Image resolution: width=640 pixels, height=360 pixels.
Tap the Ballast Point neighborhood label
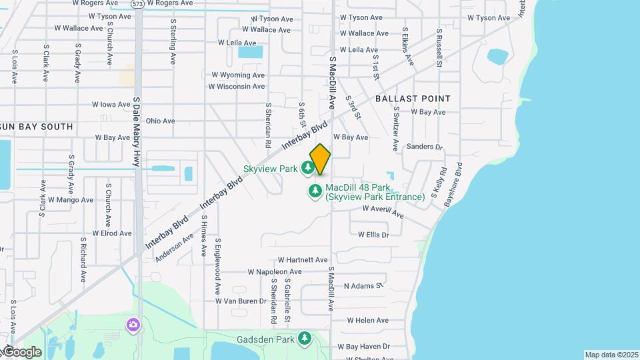pos(413,98)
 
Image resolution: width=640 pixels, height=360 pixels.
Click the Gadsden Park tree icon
pos(305,339)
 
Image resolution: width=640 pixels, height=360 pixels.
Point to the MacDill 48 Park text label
pos(374,192)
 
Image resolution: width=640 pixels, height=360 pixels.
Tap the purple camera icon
pos(133,325)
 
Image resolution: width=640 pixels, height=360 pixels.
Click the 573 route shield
pos(137,3)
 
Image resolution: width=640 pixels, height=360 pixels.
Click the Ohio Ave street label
pos(160,121)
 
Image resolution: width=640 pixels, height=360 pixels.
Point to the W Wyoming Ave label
pos(238,75)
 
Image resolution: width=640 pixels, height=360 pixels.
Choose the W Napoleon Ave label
pos(275,272)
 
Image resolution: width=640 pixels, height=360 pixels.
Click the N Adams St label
pos(363,286)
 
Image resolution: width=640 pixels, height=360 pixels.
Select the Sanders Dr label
pos(424,146)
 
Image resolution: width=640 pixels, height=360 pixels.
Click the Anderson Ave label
pos(174,247)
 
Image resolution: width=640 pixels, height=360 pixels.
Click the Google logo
pos(21,351)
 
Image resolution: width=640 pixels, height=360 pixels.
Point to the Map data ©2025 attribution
pos(611,355)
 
